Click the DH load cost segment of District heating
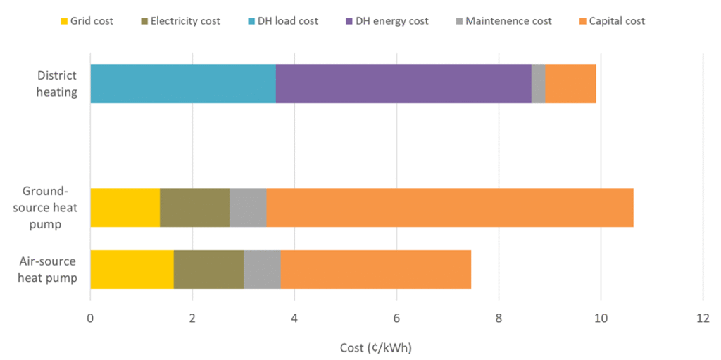(x=183, y=83)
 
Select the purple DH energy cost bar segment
(x=403, y=83)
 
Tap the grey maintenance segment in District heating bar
(x=538, y=83)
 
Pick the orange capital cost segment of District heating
(x=570, y=83)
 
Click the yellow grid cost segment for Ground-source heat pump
(x=125, y=208)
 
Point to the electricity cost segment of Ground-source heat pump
(x=194, y=208)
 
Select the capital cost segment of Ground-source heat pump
(x=450, y=208)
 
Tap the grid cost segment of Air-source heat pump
(x=132, y=269)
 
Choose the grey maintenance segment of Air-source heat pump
(x=262, y=269)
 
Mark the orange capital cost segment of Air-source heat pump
(x=376, y=269)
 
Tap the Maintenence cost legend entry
(x=500, y=21)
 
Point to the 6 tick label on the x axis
(x=397, y=318)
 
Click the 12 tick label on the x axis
(x=703, y=318)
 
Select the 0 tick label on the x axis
(x=90, y=318)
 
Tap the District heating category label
(x=58, y=83)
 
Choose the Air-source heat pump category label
(x=47, y=269)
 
